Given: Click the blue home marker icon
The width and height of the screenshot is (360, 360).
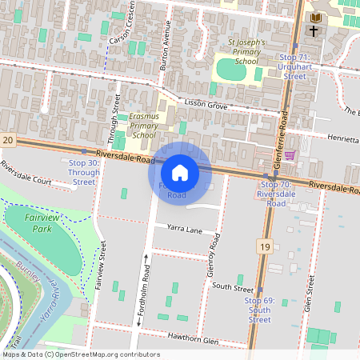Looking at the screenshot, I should click(x=180, y=172).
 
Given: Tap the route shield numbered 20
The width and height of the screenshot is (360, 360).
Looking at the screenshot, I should click(x=8, y=140).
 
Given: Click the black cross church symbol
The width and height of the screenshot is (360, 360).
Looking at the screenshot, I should click(x=313, y=31).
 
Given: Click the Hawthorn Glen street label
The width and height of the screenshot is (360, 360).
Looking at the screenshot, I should click(x=190, y=339).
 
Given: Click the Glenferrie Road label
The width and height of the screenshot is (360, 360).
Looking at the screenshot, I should click(x=282, y=124).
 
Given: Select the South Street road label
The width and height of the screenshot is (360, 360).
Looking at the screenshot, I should click(x=232, y=286).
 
